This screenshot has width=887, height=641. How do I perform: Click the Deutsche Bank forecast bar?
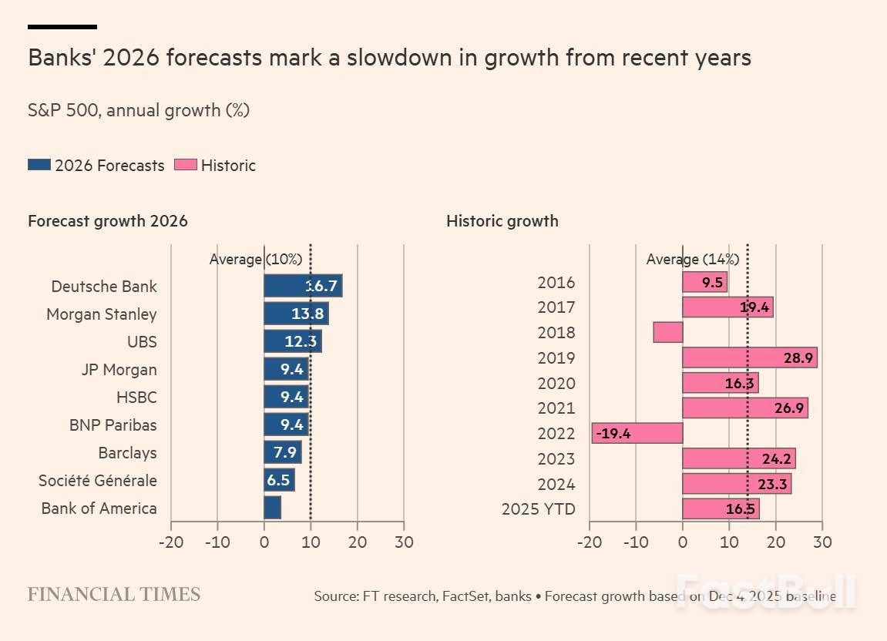[x=302, y=286]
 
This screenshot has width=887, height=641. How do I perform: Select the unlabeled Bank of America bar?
[x=272, y=508]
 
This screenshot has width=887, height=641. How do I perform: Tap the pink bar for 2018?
[x=667, y=332]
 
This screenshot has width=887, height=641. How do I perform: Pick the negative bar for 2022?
[x=637, y=433]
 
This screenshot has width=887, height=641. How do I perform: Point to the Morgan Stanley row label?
[x=102, y=314]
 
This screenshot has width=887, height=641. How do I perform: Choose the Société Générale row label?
[x=98, y=480]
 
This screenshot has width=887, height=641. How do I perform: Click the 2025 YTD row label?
[x=538, y=508]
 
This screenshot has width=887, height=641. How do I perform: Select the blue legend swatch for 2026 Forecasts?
[x=39, y=165]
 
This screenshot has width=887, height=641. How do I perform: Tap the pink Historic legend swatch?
[x=186, y=165]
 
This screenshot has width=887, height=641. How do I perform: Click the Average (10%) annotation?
[x=256, y=259]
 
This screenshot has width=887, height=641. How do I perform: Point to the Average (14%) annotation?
[x=692, y=259]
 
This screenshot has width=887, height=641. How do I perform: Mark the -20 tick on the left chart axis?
[x=170, y=542]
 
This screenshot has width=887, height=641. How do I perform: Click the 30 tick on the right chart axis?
[x=822, y=542]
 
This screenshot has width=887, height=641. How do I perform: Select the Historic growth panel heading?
[x=502, y=221]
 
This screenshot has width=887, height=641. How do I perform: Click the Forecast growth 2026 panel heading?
[x=108, y=221]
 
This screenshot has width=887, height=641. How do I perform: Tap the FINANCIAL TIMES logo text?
[x=114, y=594]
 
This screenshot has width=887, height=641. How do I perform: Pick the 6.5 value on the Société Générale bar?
[x=278, y=480]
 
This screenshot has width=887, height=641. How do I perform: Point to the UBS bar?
[x=292, y=341]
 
